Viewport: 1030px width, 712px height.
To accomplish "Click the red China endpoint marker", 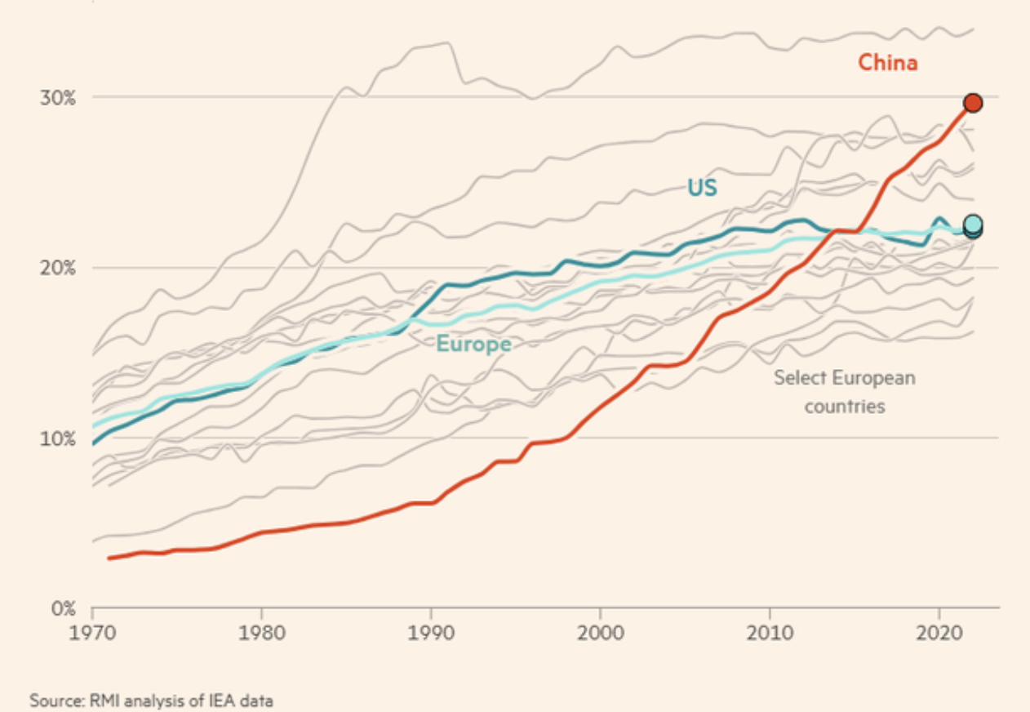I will (x=972, y=103).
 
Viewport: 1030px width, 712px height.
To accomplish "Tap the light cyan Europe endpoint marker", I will (x=972, y=224).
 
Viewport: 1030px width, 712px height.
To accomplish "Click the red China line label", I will (x=887, y=63).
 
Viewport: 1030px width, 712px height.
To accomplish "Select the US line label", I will (x=702, y=188).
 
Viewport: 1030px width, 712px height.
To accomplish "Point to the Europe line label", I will (x=473, y=345).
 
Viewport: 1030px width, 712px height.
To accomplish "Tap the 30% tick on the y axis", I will (x=59, y=97).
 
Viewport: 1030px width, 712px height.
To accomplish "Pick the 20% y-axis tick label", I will (x=59, y=268).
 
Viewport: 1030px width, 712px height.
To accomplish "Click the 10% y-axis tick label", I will (x=59, y=438).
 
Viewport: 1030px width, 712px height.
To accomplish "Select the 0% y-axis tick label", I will (x=63, y=609).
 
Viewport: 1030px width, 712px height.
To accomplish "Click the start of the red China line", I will (x=109, y=558).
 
